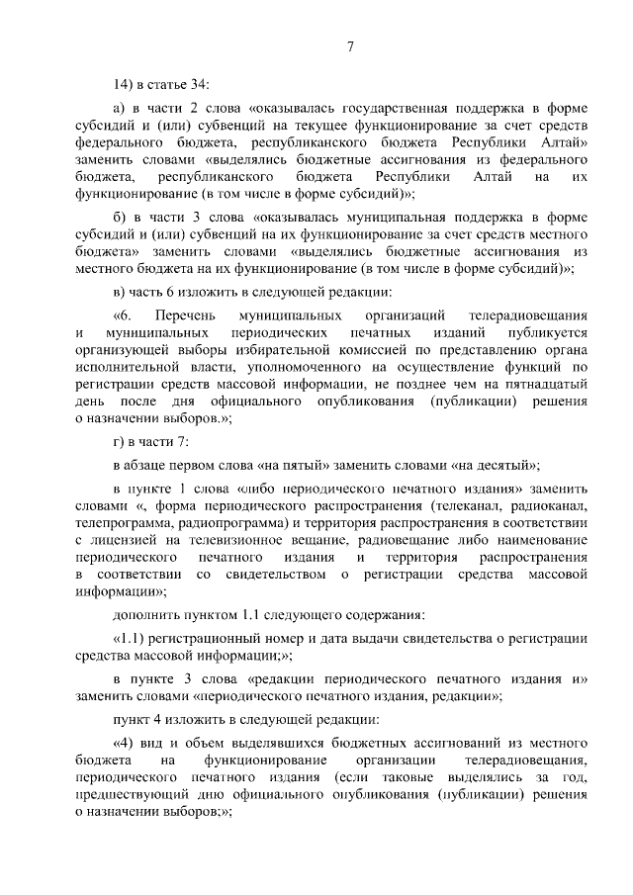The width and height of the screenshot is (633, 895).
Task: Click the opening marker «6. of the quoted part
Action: tap(126, 313)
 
